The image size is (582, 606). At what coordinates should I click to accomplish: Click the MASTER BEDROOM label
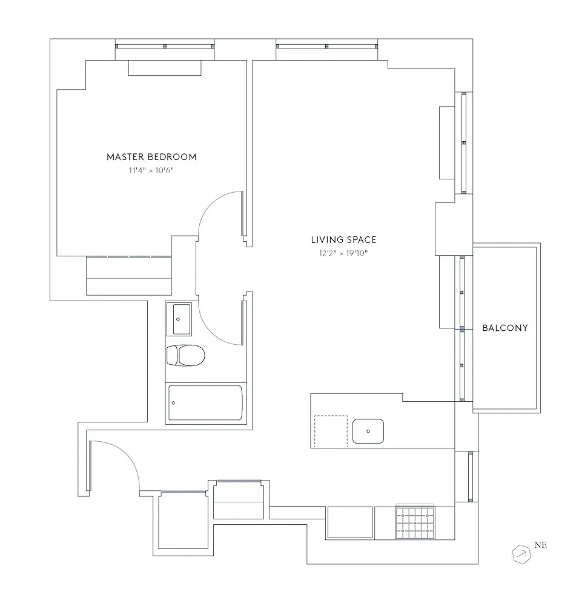(151, 157)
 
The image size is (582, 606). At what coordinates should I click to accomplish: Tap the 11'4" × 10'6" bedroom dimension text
(151, 171)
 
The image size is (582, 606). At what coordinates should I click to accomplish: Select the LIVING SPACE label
(343, 240)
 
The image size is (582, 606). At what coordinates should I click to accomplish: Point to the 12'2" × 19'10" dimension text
(343, 254)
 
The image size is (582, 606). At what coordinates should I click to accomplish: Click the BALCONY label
(504, 328)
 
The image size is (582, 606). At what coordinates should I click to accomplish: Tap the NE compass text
(540, 545)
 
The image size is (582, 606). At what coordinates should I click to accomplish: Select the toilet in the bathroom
(185, 355)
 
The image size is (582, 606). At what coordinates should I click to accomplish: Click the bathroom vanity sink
(179, 319)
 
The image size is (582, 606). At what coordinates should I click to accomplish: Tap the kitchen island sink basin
(368, 431)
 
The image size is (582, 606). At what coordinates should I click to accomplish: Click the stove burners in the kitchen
(415, 522)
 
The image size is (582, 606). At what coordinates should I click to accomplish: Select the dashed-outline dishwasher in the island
(331, 431)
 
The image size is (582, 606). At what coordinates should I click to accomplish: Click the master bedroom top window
(165, 46)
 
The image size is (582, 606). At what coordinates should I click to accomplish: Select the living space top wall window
(327, 46)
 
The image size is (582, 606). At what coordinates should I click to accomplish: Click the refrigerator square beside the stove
(350, 522)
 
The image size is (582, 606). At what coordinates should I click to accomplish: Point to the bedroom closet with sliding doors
(129, 276)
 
